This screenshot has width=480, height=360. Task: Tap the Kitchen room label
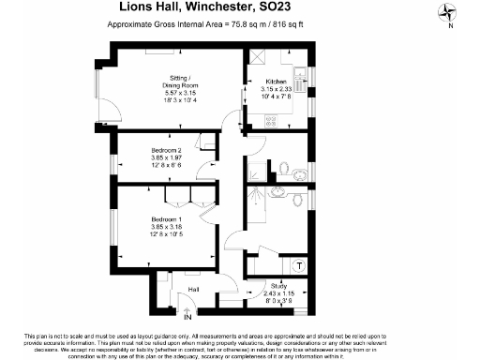(x=277, y=82)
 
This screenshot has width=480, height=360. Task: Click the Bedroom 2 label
(x=165, y=150)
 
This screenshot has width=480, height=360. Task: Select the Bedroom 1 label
(x=165, y=220)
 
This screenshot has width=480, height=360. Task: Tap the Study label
(x=278, y=284)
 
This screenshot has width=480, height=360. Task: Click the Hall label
(x=195, y=289)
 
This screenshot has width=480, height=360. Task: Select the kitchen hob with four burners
(x=273, y=120)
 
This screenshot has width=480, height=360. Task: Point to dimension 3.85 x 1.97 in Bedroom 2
(x=165, y=157)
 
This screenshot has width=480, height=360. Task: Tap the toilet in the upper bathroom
(x=299, y=171)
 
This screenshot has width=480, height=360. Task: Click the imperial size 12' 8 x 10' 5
(x=165, y=235)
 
